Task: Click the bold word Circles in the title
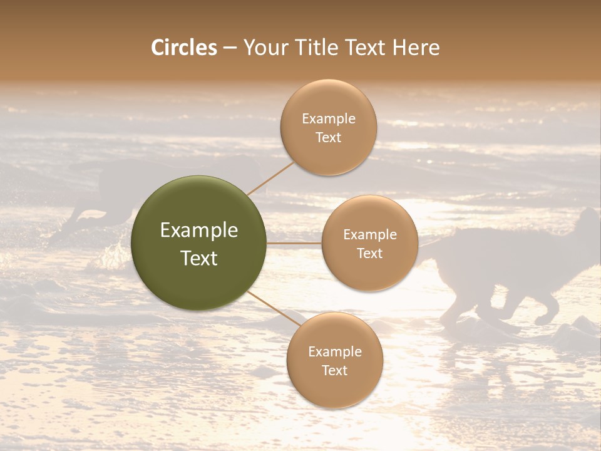click(183, 48)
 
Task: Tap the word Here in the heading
click(416, 48)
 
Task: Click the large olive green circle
click(199, 243)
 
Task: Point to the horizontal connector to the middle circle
click(294, 243)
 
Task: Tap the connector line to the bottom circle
click(274, 309)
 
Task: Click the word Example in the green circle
click(199, 231)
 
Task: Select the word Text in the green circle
click(199, 258)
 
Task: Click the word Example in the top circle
click(328, 119)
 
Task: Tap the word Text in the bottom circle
click(334, 370)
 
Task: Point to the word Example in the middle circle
click(369, 235)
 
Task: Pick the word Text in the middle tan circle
click(369, 253)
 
